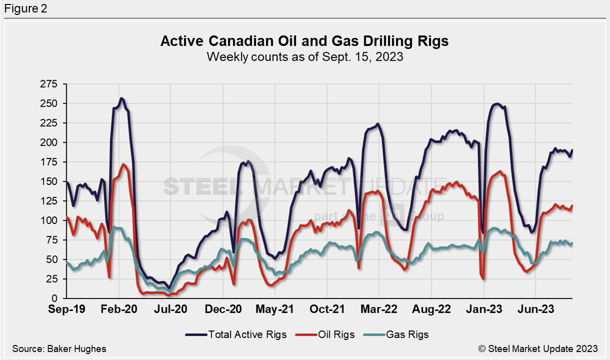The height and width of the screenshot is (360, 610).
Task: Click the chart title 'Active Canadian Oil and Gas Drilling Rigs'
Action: (x=305, y=41)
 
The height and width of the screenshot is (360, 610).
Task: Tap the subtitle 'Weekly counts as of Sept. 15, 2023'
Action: (x=305, y=56)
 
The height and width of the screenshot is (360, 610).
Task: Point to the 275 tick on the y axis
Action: (x=48, y=84)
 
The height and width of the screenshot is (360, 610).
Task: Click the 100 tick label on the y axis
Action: (x=48, y=220)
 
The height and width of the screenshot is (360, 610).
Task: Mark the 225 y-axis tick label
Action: (x=48, y=123)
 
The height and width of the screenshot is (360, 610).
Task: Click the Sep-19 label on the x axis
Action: (x=66, y=309)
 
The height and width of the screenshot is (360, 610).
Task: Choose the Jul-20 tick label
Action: (x=170, y=309)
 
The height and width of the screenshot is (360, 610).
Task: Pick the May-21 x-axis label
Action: (x=275, y=309)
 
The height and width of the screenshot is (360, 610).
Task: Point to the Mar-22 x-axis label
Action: (x=379, y=309)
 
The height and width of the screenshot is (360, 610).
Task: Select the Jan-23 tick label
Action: (x=483, y=309)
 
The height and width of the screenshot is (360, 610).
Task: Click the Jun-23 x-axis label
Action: (x=535, y=309)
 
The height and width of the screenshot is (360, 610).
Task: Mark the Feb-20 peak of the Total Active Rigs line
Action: (x=122, y=98)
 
